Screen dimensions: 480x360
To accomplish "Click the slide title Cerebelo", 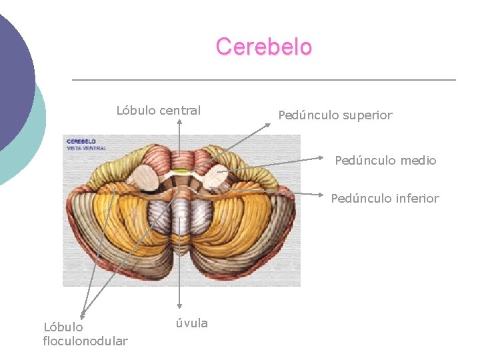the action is pyautogui.click(x=263, y=47).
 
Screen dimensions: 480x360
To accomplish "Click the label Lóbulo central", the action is pyautogui.click(x=159, y=111).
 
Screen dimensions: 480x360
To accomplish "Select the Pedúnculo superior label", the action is pyautogui.click(x=335, y=115).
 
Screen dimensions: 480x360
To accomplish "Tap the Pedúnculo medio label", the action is pyautogui.click(x=385, y=161).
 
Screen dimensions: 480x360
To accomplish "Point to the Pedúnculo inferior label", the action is pyautogui.click(x=385, y=199).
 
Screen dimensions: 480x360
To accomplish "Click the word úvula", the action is pyautogui.click(x=191, y=323).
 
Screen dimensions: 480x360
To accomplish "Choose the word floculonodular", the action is pyautogui.click(x=85, y=341).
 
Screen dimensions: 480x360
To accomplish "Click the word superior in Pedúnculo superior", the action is pyautogui.click(x=367, y=115).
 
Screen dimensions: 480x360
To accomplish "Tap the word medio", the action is pyautogui.click(x=419, y=161).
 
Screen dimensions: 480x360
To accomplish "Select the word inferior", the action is pyautogui.click(x=417, y=199).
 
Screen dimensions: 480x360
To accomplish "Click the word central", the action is pyautogui.click(x=180, y=111).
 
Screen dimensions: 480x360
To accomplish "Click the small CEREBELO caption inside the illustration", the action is pyautogui.click(x=81, y=141).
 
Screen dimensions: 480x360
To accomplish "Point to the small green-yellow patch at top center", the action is pyautogui.click(x=179, y=172).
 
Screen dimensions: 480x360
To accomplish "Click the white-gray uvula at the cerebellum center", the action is pyautogui.click(x=180, y=217).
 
